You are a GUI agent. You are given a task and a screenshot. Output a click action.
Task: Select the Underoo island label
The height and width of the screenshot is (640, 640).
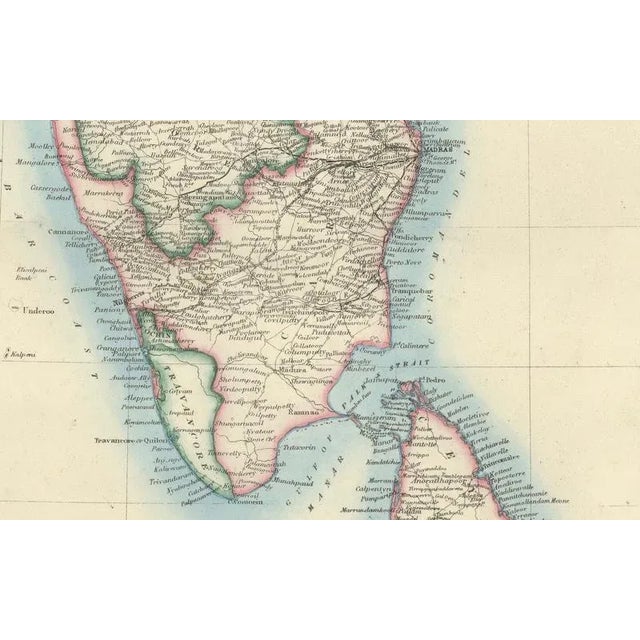(35, 311)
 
